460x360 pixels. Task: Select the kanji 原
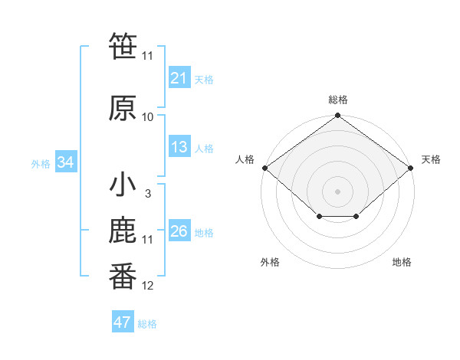click(x=123, y=108)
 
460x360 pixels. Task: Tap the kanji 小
click(x=123, y=185)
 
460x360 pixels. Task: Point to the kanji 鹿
click(x=123, y=231)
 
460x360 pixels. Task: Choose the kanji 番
click(x=123, y=277)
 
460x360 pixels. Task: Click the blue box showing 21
click(x=179, y=77)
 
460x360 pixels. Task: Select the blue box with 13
click(x=179, y=147)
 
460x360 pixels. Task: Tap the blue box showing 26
click(x=179, y=231)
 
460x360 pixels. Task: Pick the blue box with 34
click(x=66, y=162)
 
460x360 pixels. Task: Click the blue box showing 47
click(x=123, y=322)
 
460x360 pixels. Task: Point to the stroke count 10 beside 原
click(x=148, y=116)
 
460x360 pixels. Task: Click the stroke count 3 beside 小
click(x=147, y=193)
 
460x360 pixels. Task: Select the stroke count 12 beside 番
click(x=148, y=286)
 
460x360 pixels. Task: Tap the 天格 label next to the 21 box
click(x=204, y=79)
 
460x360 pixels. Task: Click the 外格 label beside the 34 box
click(x=41, y=164)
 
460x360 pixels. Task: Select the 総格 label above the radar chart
click(x=338, y=100)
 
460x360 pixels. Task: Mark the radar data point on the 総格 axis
click(x=338, y=116)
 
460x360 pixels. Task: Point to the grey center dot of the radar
click(x=338, y=191)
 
